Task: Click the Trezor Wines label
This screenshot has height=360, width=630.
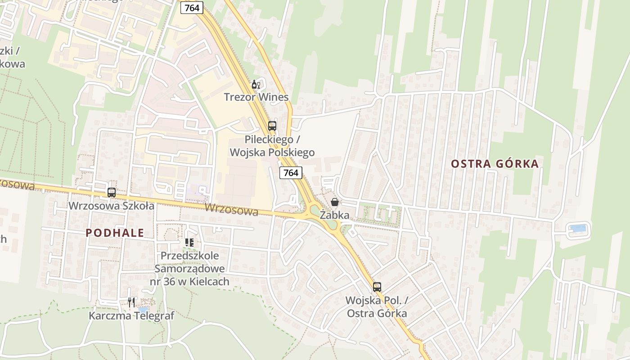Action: (x=256, y=97)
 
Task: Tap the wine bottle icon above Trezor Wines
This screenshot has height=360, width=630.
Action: (x=256, y=84)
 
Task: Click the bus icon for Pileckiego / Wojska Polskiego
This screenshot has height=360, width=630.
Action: (x=272, y=126)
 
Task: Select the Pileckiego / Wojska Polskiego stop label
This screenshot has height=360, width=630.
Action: (x=272, y=146)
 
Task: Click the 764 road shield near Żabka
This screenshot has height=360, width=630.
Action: (x=291, y=172)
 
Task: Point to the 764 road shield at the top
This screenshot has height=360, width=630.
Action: (x=192, y=7)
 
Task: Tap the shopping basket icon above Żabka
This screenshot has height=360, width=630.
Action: (x=335, y=202)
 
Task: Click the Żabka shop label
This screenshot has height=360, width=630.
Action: (x=334, y=215)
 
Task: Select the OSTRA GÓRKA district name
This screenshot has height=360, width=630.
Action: (x=495, y=163)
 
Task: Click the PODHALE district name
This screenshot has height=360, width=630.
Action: (x=115, y=233)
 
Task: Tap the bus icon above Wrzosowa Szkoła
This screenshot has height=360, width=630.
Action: (x=112, y=193)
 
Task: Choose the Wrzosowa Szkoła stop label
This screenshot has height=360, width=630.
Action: (x=111, y=206)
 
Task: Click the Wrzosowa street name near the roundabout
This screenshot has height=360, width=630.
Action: (x=231, y=209)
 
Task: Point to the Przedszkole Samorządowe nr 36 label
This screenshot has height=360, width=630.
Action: (x=189, y=269)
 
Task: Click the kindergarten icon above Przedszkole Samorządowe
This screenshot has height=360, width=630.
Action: (x=189, y=243)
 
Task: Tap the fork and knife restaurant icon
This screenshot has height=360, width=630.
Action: (x=131, y=302)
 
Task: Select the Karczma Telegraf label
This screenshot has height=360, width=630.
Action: (x=131, y=315)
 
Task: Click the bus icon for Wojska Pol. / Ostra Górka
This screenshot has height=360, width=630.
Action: (x=377, y=287)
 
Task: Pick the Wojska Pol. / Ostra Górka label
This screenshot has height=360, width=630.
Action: (x=377, y=306)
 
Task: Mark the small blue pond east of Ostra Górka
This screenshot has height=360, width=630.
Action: (x=578, y=228)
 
